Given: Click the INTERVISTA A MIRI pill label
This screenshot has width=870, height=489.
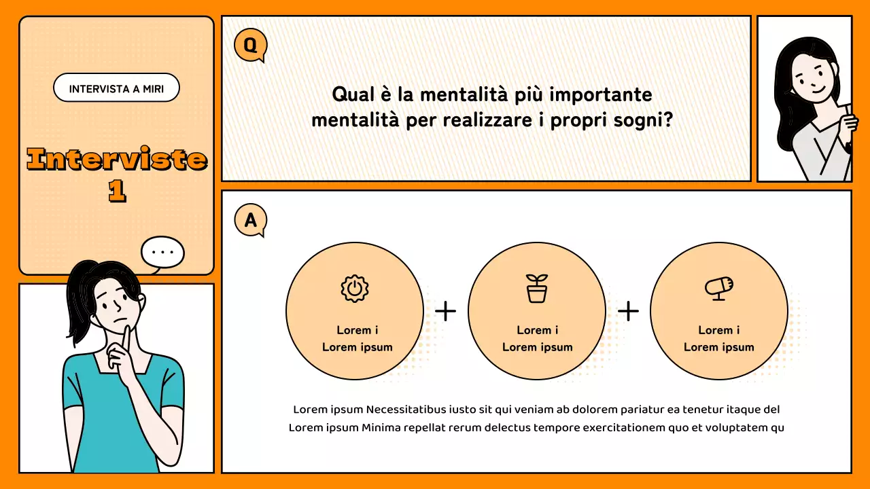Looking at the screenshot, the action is pyautogui.click(x=116, y=88).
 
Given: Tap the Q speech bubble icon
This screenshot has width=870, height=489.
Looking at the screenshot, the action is pyautogui.click(x=250, y=46).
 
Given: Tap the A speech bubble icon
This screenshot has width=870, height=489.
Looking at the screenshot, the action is pyautogui.click(x=250, y=220).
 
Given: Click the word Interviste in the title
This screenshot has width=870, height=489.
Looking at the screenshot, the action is pyautogui.click(x=117, y=160).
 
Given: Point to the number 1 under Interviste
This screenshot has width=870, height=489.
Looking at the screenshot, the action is pyautogui.click(x=117, y=191).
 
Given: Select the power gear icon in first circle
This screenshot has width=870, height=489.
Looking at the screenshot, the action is pyautogui.click(x=353, y=289).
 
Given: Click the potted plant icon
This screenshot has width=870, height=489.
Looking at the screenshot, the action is pyautogui.click(x=536, y=289).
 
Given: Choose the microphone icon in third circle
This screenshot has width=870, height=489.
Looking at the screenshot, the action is pyautogui.click(x=718, y=287).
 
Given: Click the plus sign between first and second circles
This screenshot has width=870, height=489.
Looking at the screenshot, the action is pyautogui.click(x=445, y=311).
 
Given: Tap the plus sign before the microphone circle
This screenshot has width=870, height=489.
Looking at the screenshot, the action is pyautogui.click(x=628, y=311).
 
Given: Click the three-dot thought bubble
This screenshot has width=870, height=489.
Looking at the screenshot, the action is pyautogui.click(x=162, y=253).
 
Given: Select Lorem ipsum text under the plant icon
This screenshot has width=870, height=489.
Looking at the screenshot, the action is pyautogui.click(x=537, y=347).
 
